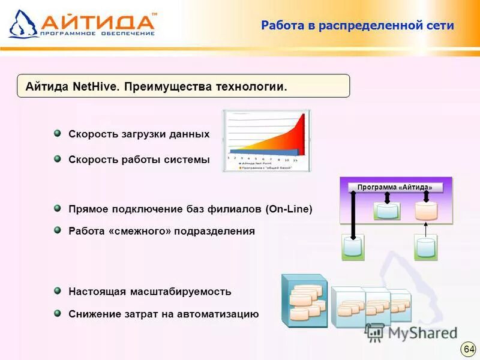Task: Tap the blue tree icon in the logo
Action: (23, 25)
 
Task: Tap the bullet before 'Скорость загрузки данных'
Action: (57, 133)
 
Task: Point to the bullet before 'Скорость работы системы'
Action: (57, 159)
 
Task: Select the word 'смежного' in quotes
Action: (140, 231)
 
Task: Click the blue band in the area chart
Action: (252, 151)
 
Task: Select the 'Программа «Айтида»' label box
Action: (395, 187)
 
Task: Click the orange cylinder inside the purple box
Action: (426, 211)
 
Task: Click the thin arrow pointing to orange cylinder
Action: (426, 229)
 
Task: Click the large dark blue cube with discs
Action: (305, 301)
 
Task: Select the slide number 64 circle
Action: (469, 349)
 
